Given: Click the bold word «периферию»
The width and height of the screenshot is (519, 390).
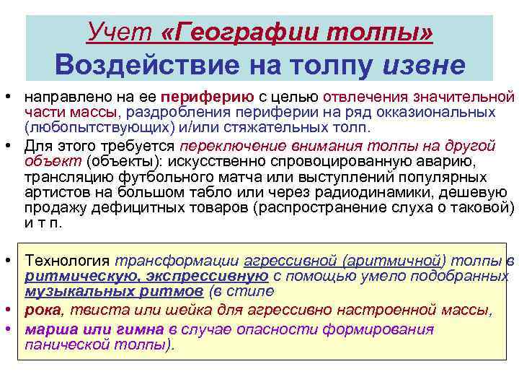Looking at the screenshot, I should [x=207, y=97].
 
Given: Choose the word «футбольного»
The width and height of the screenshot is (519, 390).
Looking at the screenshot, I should [x=152, y=176].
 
